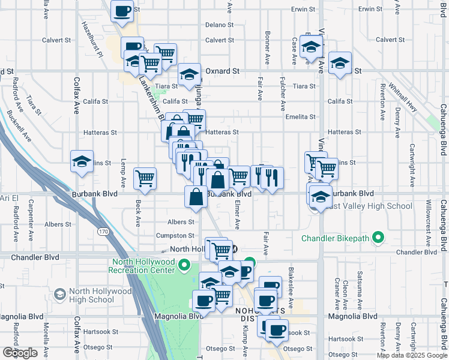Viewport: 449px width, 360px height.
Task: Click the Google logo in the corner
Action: click(x=20, y=353)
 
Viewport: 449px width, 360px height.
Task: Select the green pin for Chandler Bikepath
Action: click(x=378, y=238)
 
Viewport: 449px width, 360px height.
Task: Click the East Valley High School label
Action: click(x=369, y=206)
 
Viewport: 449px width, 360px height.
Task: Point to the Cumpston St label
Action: click(x=175, y=236)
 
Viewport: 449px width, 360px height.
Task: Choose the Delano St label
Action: click(x=219, y=25)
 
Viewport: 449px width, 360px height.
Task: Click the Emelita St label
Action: click(x=301, y=116)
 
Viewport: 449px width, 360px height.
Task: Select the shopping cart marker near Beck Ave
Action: click(x=145, y=178)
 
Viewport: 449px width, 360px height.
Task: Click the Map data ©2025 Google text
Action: click(x=412, y=355)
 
